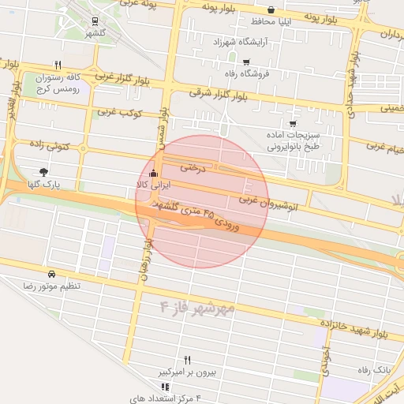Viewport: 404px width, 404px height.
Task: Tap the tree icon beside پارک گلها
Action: point(43,171)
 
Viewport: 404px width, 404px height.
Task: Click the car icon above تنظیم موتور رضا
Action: point(52,273)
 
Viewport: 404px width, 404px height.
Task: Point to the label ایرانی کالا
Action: point(152,185)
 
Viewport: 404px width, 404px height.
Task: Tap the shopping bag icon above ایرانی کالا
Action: point(153,174)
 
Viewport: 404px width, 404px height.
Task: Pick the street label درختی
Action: point(193,167)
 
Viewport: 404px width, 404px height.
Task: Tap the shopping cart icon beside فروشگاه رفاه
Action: point(246,62)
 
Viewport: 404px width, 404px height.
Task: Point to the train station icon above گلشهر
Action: point(95,22)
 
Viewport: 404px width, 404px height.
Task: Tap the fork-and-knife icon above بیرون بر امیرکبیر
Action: point(188,359)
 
